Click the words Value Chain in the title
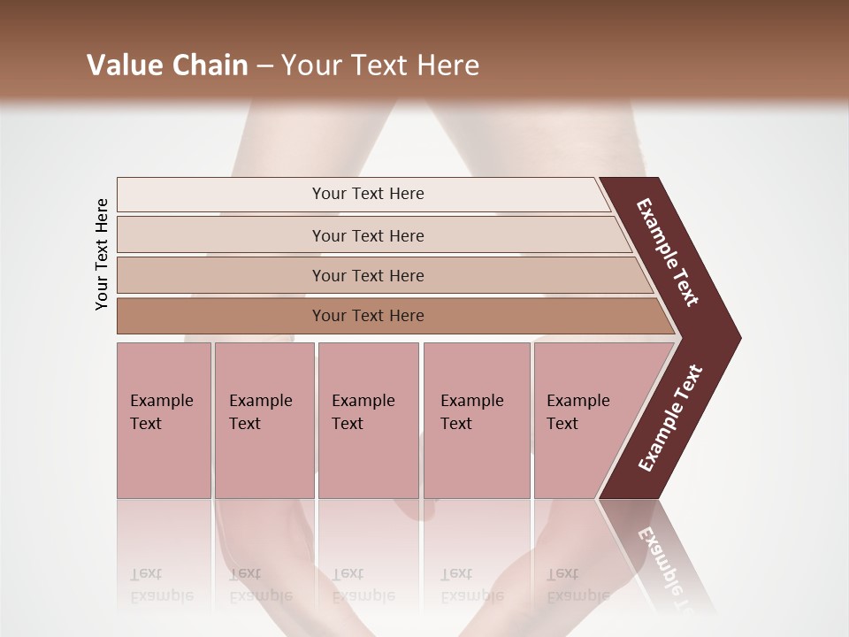(167, 65)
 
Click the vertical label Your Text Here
(102, 255)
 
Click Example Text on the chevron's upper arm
(668, 252)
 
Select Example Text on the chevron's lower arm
(669, 418)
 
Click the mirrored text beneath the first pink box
(161, 585)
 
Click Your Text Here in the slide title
(380, 65)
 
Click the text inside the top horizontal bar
(368, 194)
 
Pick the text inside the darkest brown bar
(368, 316)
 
